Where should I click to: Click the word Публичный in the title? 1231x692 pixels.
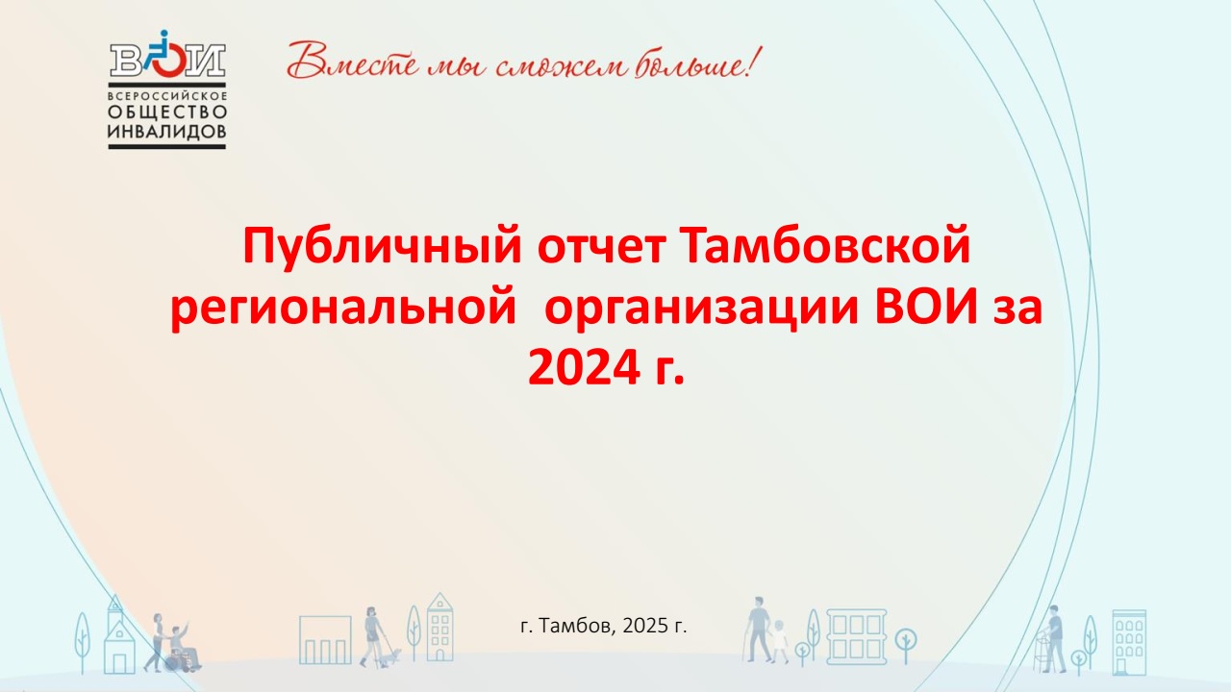click(382, 247)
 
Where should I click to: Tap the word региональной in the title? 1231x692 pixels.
click(343, 309)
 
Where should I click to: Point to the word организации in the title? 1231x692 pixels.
click(701, 309)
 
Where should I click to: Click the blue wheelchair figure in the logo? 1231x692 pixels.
click(160, 52)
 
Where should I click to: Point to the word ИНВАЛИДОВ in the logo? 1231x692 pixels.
click(167, 132)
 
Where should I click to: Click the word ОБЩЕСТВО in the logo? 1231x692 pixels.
click(167, 112)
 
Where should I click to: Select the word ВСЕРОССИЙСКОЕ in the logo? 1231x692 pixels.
click(167, 95)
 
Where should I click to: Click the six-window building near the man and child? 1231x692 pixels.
click(856, 637)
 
